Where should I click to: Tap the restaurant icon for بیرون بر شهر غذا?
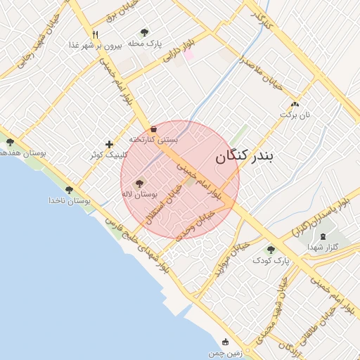click(x=95, y=34)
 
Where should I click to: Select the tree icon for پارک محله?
click(x=145, y=32)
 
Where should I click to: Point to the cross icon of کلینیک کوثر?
click(x=109, y=144)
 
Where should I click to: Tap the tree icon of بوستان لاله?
click(x=139, y=184)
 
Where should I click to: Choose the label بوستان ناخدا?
click(x=70, y=201)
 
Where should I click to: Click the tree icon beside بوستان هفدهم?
click(x=10, y=142)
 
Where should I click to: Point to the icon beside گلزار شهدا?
click(x=323, y=237)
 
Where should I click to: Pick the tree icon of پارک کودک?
click(x=271, y=250)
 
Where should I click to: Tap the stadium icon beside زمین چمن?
click(x=225, y=342)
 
